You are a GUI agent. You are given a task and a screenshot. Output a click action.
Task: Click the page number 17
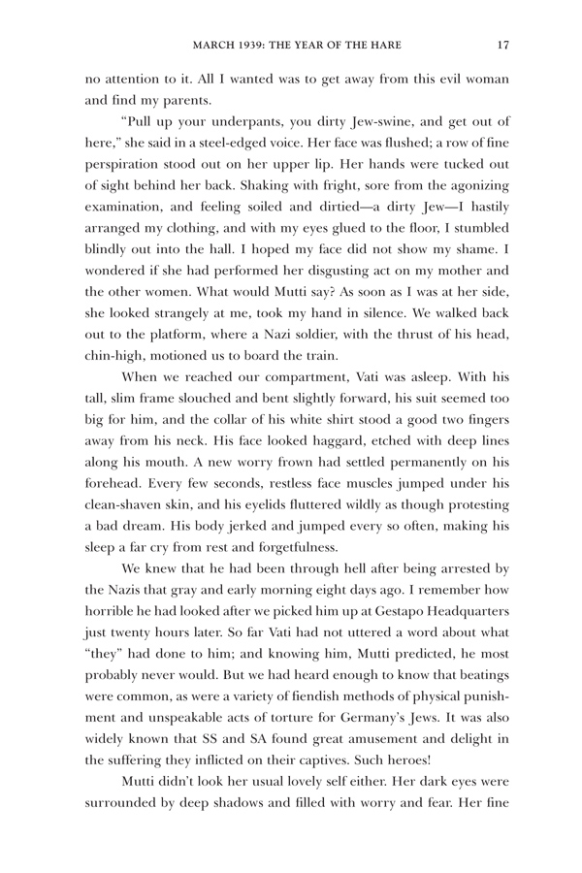coord(501,43)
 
